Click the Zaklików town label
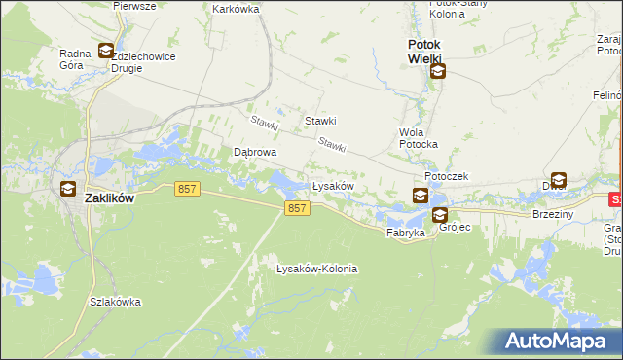point(109,197)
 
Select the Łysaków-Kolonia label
point(317,269)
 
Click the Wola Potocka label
point(419,138)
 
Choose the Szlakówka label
point(115,302)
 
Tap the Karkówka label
point(236,8)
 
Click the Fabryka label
point(405,234)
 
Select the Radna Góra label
point(76,60)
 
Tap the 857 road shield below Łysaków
point(298,209)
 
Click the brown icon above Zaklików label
point(68,189)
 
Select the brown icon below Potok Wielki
point(438,71)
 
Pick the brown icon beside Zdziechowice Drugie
point(105,52)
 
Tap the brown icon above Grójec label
point(440,215)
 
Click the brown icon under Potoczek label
point(420,196)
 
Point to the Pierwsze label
point(134,6)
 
